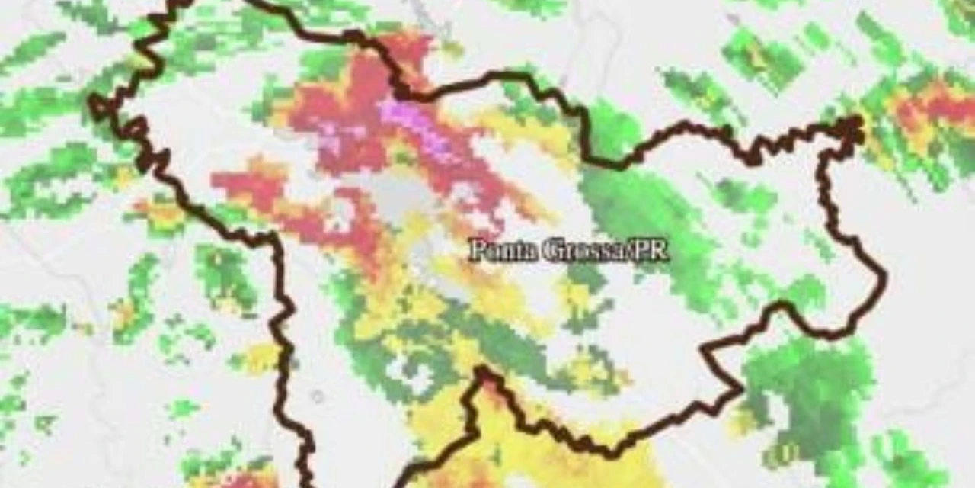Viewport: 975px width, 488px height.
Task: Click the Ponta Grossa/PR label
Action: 568,250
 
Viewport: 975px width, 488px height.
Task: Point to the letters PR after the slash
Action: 653,250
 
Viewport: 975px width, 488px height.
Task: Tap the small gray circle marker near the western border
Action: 317,396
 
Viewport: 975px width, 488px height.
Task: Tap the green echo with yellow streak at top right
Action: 758,57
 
